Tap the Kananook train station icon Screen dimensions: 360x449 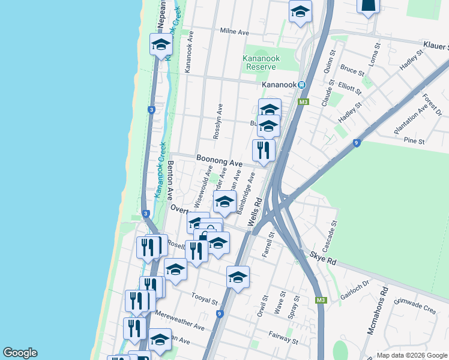click(303, 85)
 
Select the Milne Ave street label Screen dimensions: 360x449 click(234, 31)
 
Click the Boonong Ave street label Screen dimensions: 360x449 click(219, 163)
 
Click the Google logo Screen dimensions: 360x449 click(20, 353)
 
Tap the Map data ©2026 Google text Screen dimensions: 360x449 click(411, 355)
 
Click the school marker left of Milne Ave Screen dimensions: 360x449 click(161, 46)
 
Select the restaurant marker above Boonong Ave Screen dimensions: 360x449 click(264, 151)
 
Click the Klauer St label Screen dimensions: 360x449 click(435, 46)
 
